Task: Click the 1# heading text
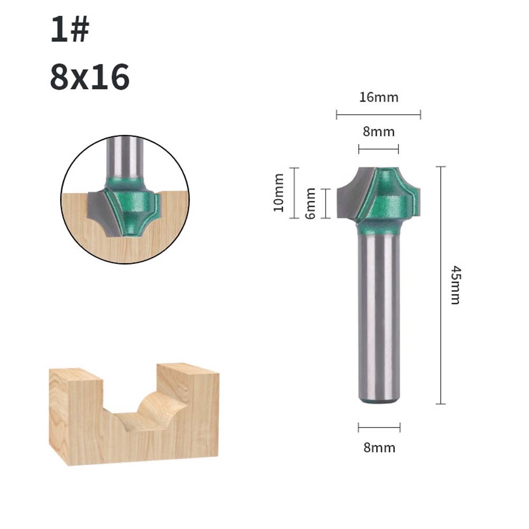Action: point(70,30)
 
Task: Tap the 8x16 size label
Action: point(90,77)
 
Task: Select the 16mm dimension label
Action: point(378,97)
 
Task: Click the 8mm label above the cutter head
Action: point(378,132)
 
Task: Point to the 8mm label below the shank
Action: point(379,448)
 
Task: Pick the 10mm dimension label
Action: point(279,193)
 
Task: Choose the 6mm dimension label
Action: point(310,203)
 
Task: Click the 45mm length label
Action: point(456,285)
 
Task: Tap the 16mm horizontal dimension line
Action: point(378,115)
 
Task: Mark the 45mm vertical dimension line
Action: point(441,285)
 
